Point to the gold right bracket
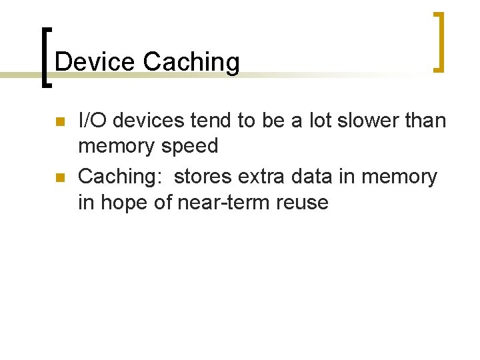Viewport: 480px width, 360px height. click(x=438, y=41)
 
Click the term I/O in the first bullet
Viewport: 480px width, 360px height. click(x=92, y=121)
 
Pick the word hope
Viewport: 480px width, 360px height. click(x=125, y=203)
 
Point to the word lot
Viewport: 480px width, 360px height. click(x=319, y=121)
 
